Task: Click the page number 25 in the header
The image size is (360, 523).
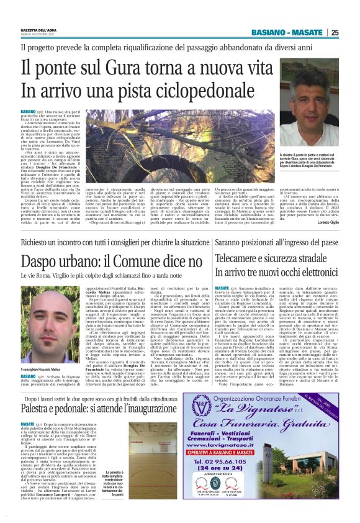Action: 335,33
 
